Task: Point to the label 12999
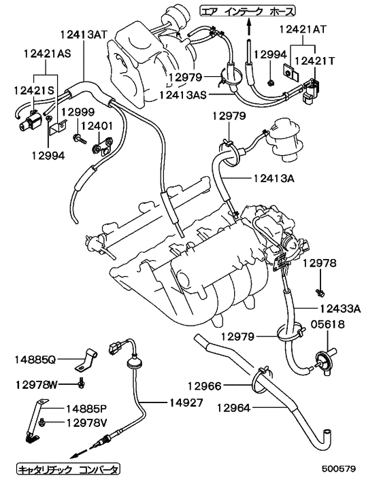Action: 71,111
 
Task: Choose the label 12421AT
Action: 303,30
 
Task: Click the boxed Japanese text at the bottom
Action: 67,469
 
